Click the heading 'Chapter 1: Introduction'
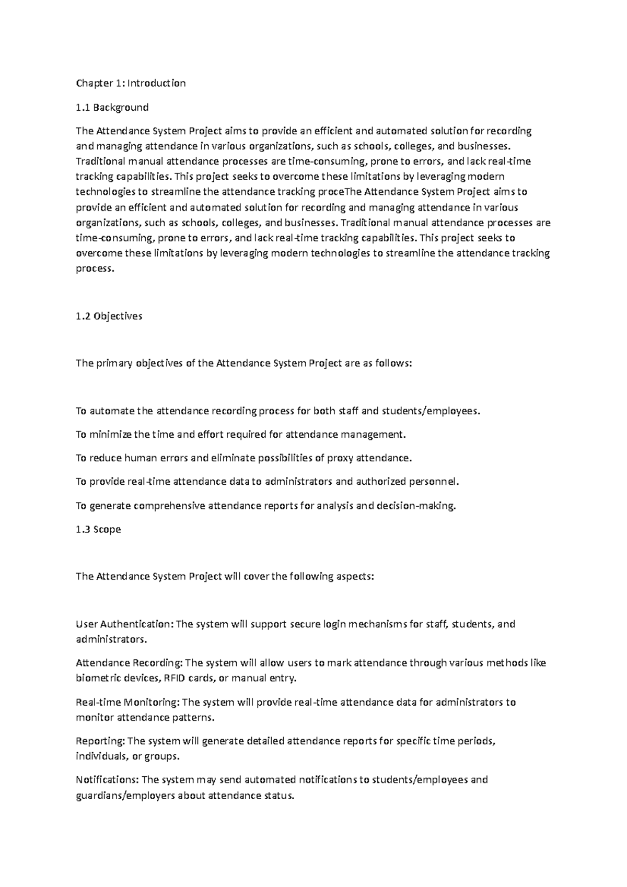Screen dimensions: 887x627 point(131,83)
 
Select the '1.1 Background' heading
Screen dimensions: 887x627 point(112,107)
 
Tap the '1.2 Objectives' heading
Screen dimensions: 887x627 point(109,316)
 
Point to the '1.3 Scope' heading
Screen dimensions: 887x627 point(98,529)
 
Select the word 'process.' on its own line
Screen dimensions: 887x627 point(95,269)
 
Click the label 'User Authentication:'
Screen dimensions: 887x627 point(124,624)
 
